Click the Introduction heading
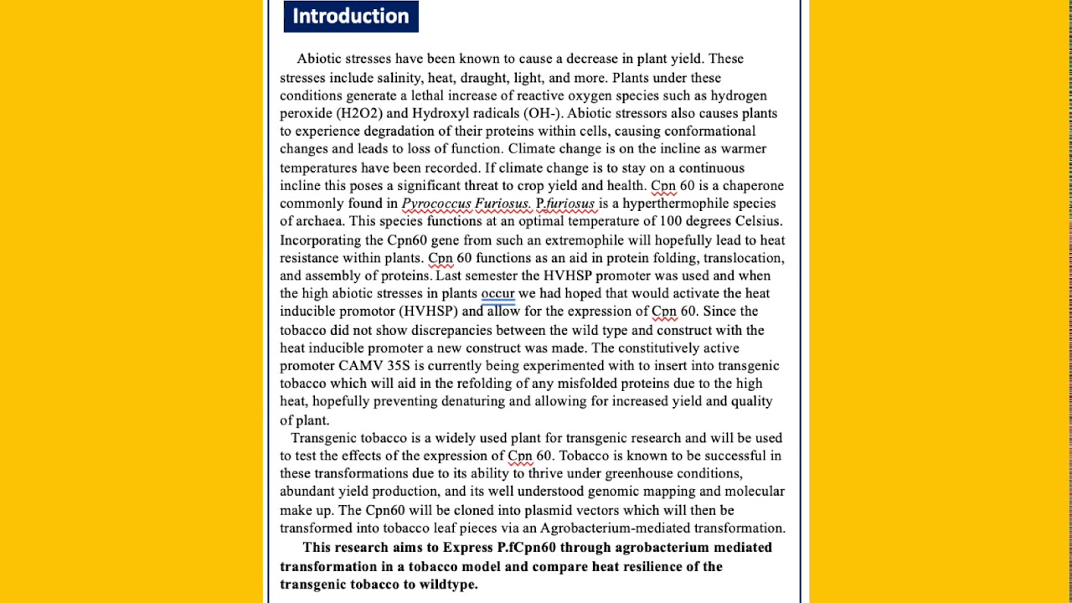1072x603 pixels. coord(350,16)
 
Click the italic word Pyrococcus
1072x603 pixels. coord(436,204)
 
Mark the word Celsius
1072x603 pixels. coord(759,221)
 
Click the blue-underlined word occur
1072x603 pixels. coord(497,293)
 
